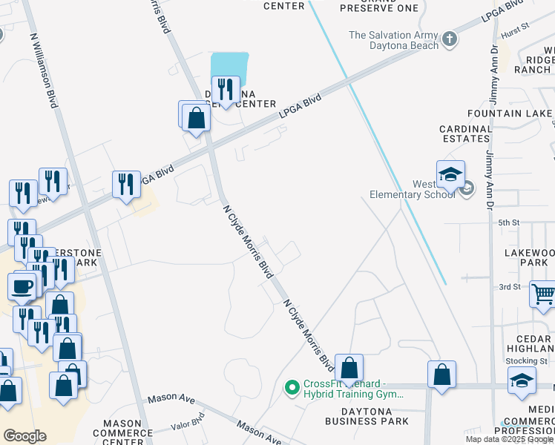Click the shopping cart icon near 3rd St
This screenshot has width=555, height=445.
coord(543,294)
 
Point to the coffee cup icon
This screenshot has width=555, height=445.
coord(22,286)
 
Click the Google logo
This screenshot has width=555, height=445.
coord(24,436)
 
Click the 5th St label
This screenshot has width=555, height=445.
coord(508,222)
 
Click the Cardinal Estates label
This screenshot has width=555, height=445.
coord(466,133)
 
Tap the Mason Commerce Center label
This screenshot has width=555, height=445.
coord(122,432)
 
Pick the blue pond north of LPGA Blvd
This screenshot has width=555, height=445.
coord(229,65)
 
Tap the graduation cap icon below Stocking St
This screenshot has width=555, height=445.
coord(522,381)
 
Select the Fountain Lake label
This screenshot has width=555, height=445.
coord(510,113)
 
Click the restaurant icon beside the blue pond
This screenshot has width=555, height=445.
coord(225,90)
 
